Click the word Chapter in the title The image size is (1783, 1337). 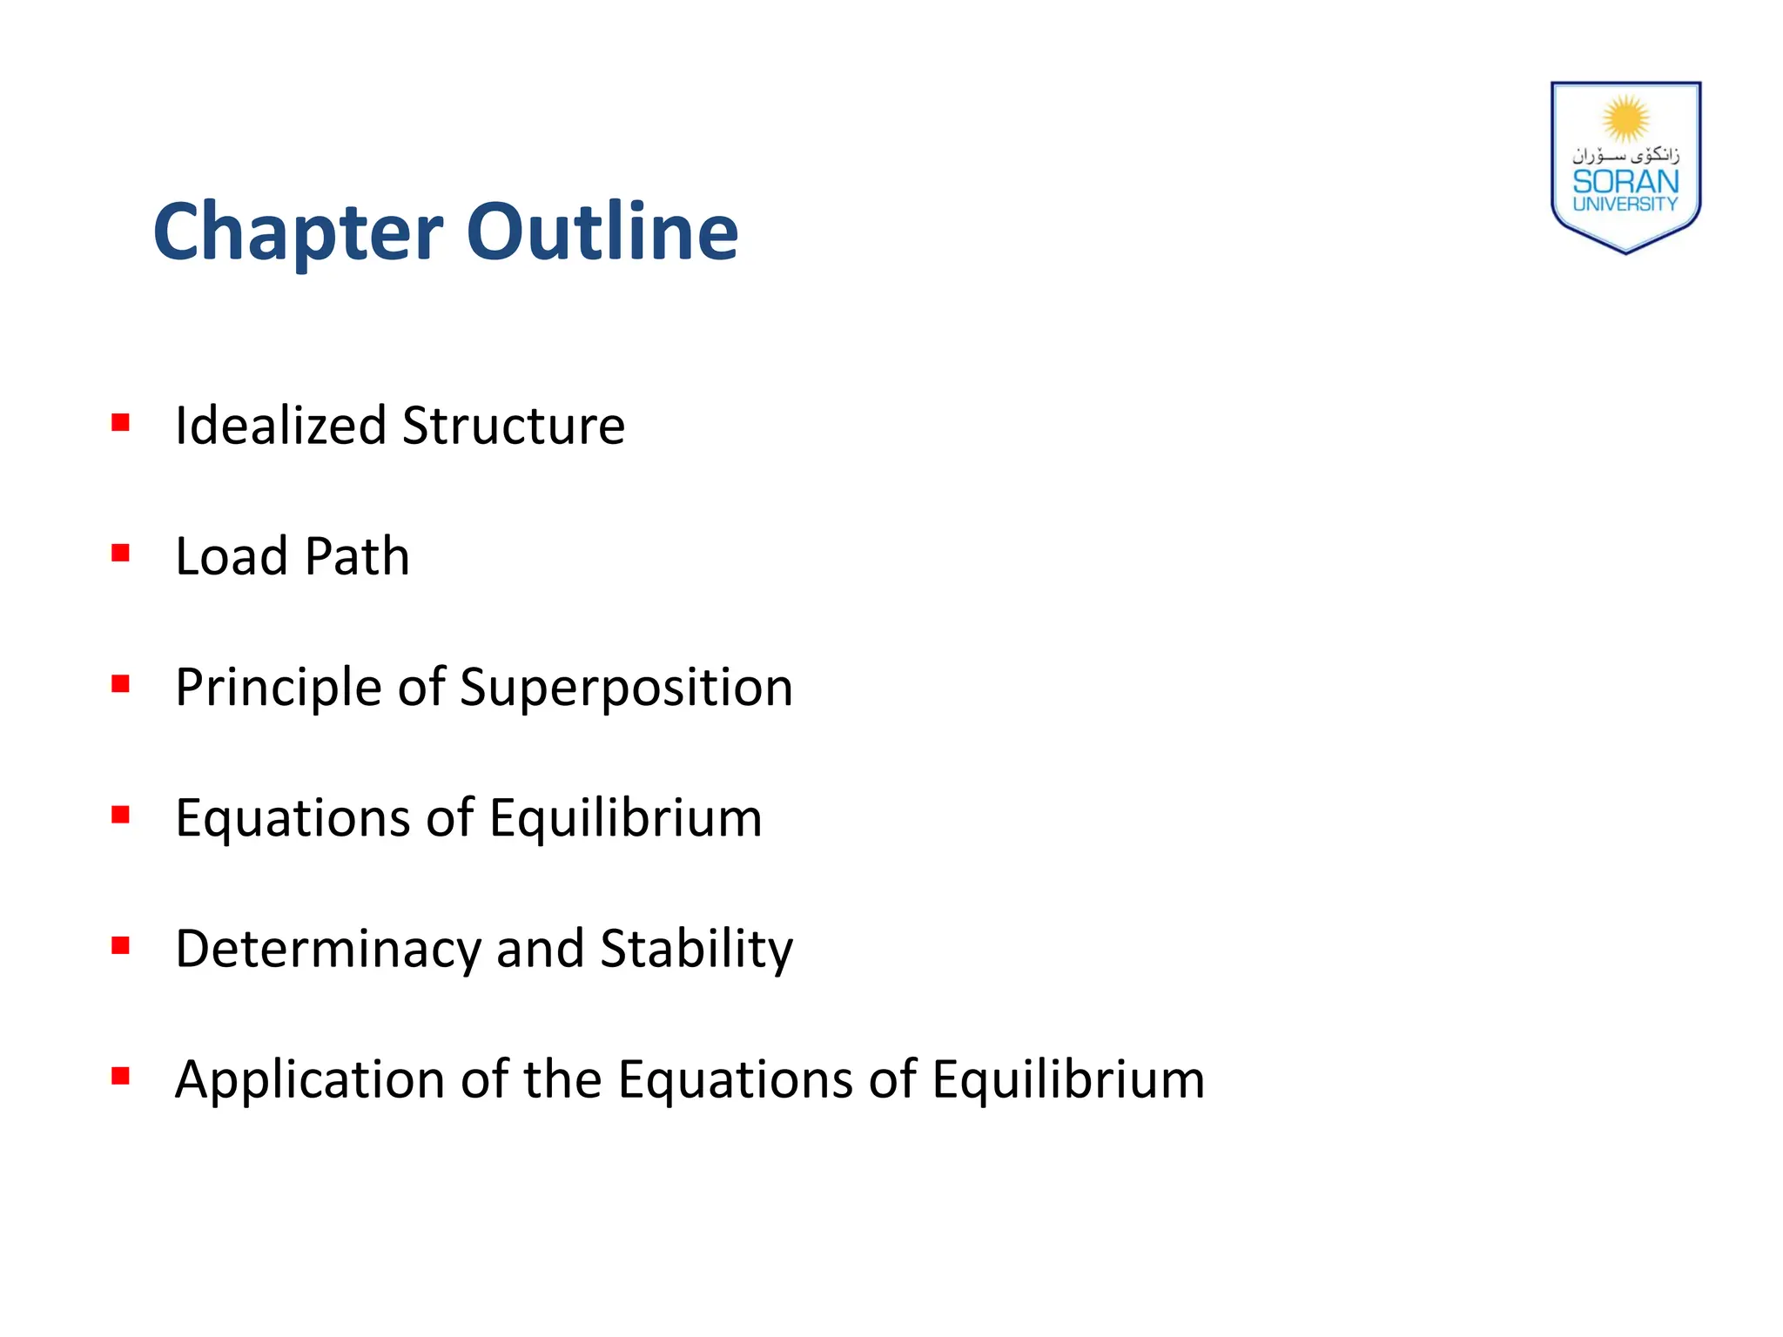(298, 232)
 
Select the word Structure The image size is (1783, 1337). (513, 426)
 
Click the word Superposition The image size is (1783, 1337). (626, 689)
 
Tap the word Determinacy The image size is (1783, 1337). (327, 949)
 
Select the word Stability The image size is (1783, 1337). (696, 949)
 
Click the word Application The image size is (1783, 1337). (310, 1080)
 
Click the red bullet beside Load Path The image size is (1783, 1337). (120, 554)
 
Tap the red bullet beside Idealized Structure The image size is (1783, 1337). (120, 423)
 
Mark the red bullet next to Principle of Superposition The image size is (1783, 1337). (120, 684)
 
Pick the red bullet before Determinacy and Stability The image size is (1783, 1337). (120, 945)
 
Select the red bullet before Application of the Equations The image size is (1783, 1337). (120, 1077)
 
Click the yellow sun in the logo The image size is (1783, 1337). (1625, 118)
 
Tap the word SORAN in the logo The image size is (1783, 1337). (1625, 182)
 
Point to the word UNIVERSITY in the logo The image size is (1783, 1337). (1625, 205)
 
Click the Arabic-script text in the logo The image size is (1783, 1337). (1625, 156)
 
